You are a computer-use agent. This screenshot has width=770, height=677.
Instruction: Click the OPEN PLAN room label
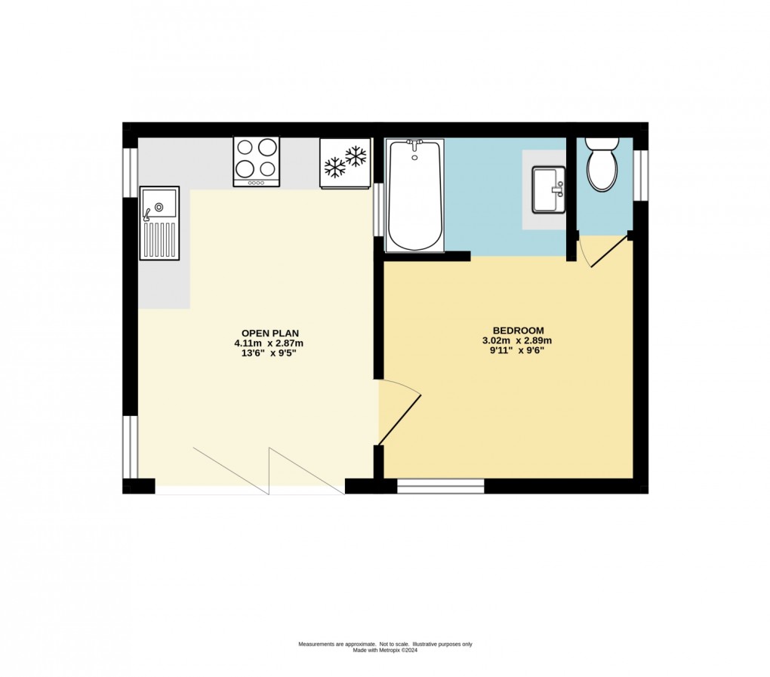269,334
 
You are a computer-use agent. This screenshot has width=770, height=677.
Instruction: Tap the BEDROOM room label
518,331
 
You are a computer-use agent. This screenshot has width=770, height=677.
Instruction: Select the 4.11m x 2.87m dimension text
269,343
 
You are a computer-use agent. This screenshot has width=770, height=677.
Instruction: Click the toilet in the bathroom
602,164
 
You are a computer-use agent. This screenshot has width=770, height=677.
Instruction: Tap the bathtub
415,195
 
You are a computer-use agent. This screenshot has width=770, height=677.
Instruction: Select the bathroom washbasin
549,189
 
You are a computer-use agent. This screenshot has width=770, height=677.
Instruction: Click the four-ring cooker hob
257,162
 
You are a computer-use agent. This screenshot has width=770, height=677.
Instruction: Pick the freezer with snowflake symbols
345,162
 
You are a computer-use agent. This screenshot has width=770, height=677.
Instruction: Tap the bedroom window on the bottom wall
441,486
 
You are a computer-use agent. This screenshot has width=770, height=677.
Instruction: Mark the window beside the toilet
640,175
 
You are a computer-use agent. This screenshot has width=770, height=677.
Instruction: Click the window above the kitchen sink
130,173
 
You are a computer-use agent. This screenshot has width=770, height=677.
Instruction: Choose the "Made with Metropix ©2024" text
386,651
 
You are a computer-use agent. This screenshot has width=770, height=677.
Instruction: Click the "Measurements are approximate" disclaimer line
386,644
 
